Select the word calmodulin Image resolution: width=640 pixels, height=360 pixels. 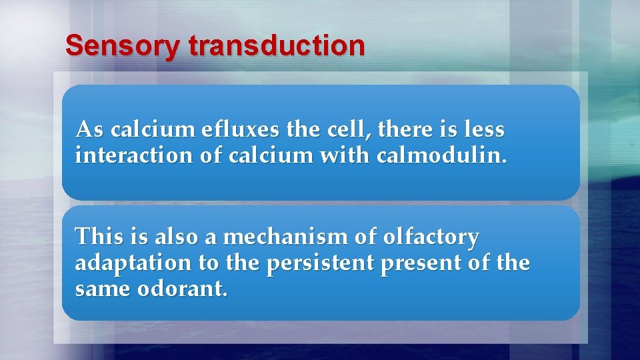[441, 156]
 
